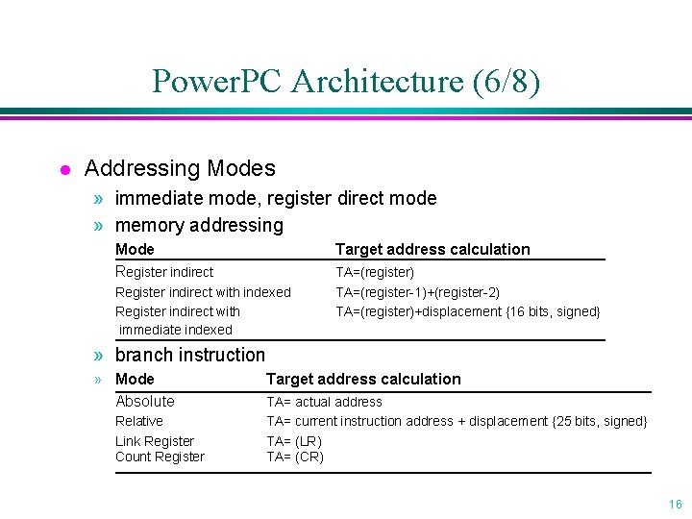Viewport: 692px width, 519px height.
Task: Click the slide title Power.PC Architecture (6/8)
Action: pos(346,81)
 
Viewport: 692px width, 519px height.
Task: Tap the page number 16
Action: pos(675,505)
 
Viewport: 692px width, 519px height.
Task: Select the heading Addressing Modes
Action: pos(180,168)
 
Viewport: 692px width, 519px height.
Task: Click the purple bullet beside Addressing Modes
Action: pos(63,170)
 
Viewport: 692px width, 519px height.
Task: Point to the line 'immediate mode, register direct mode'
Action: pos(275,198)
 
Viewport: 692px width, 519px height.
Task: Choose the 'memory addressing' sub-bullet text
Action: pos(199,225)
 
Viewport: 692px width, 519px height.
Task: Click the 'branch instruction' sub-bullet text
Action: pos(189,355)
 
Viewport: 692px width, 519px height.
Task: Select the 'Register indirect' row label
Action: pos(164,272)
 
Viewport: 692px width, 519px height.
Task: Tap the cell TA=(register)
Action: pos(375,272)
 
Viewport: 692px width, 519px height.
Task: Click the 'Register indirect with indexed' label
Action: pos(203,292)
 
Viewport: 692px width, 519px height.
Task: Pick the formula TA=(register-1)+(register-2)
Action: pos(417,292)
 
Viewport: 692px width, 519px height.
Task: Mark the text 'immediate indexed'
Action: pos(176,330)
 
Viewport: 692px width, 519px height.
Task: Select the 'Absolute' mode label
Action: pos(145,401)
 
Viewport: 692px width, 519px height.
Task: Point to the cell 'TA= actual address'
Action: pos(324,402)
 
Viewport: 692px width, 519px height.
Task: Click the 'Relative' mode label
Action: pos(139,421)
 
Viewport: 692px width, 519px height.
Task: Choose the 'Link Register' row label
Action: pos(155,441)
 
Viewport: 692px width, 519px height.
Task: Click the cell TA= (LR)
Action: pos(294,441)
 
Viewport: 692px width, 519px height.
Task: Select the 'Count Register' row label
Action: pos(160,457)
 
